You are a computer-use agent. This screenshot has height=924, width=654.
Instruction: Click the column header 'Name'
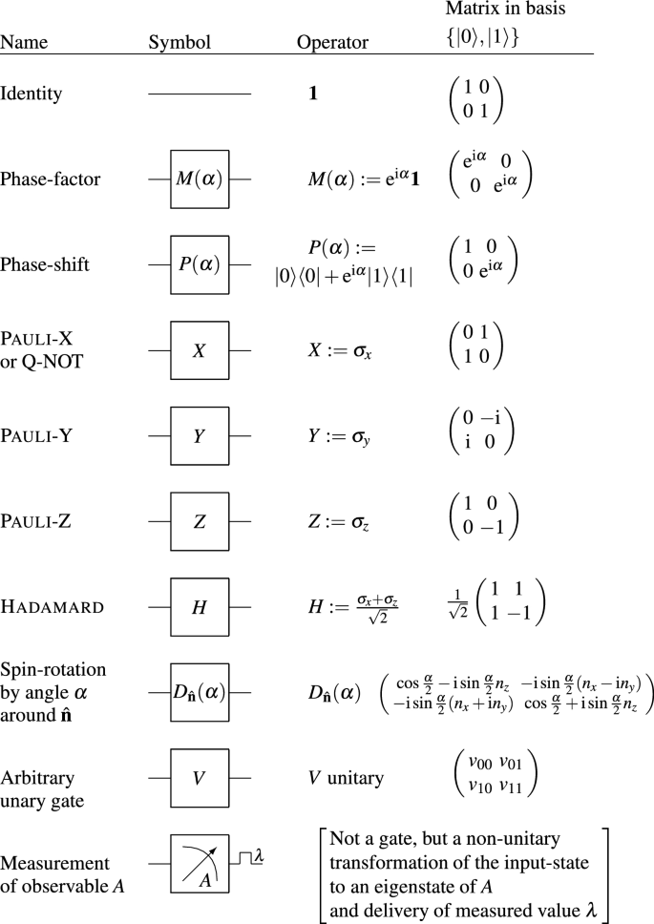point(24,43)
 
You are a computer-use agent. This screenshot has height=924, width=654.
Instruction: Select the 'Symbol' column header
point(179,43)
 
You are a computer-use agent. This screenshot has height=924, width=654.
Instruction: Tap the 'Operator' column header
point(329,43)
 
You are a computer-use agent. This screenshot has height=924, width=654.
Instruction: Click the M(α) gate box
point(200,178)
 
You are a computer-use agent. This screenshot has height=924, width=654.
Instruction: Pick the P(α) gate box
point(200,264)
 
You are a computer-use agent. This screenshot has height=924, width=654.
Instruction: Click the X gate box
point(200,350)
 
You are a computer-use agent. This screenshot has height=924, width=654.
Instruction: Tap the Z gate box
point(200,522)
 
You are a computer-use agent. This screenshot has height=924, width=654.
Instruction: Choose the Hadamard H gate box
point(200,608)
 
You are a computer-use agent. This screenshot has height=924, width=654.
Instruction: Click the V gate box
point(200,778)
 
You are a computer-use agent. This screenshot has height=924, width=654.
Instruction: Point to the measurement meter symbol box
point(200,866)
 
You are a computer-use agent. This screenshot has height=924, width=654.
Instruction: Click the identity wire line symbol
point(200,94)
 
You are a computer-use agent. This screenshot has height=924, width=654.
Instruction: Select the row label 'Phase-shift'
point(45,264)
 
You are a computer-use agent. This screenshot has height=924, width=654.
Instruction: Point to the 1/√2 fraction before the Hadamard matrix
point(456,609)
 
